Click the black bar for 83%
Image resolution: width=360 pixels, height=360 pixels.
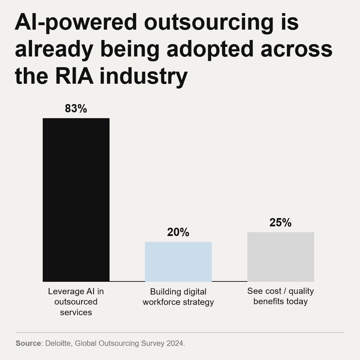click(76, 200)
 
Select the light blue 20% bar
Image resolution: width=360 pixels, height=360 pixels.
click(178, 262)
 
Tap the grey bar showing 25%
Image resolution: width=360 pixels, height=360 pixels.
click(280, 257)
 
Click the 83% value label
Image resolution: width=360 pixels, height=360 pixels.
click(76, 109)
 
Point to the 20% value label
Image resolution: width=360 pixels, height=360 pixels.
click(178, 233)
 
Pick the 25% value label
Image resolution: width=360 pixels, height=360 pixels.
click(280, 223)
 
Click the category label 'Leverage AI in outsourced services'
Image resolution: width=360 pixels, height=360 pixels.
click(76, 302)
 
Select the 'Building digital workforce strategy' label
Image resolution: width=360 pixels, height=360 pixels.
click(178, 297)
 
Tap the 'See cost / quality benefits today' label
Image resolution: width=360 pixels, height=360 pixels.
click(280, 296)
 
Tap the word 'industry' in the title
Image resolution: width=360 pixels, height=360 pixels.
click(143, 76)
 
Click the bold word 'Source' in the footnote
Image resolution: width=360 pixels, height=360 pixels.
click(28, 343)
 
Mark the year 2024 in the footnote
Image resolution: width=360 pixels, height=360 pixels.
click(175, 343)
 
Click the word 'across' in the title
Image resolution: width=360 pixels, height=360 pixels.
click(296, 50)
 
